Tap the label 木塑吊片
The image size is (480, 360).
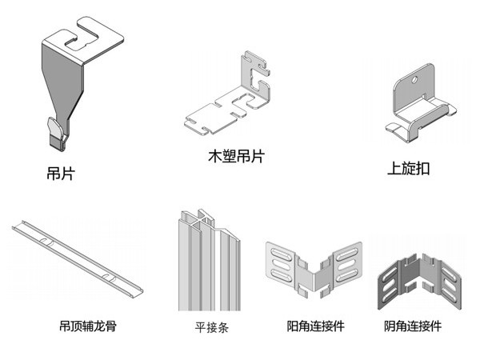point(235,157)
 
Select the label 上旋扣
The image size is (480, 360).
point(408,170)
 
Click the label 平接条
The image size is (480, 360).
point(211,327)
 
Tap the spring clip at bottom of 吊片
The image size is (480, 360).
point(56,132)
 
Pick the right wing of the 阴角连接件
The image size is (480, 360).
point(447,280)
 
